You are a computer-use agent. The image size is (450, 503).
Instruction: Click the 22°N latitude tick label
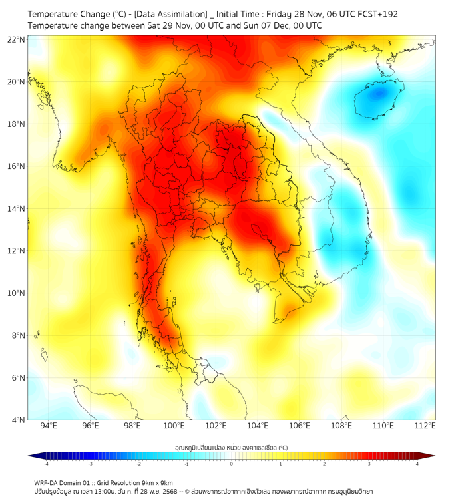click(x=17, y=39)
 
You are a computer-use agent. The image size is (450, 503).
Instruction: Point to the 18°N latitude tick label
click(x=17, y=124)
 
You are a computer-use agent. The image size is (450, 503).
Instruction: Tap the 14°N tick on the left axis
click(x=17, y=208)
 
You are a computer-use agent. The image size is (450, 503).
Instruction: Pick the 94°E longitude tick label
click(x=49, y=426)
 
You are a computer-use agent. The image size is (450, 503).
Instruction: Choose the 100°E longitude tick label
click(x=174, y=426)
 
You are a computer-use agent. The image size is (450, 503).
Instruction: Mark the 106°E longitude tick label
click(x=300, y=426)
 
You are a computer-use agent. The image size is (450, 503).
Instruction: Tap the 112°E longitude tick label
click(x=425, y=426)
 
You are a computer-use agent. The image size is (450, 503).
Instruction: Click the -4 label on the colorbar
click(x=46, y=464)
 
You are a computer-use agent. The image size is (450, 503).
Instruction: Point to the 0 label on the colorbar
click(x=232, y=464)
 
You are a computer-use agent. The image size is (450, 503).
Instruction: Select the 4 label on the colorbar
click(x=417, y=464)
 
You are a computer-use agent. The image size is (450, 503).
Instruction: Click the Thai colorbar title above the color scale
click(x=231, y=447)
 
